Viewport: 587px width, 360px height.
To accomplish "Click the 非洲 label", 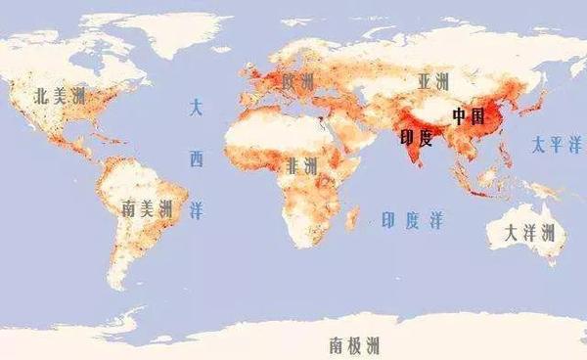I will pyautogui.click(x=301, y=166).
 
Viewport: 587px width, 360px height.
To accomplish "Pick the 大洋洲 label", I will pyautogui.click(x=528, y=233).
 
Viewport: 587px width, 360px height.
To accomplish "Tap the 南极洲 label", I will pyautogui.click(x=354, y=344).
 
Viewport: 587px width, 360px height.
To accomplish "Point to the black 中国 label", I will pyautogui.click(x=468, y=115).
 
